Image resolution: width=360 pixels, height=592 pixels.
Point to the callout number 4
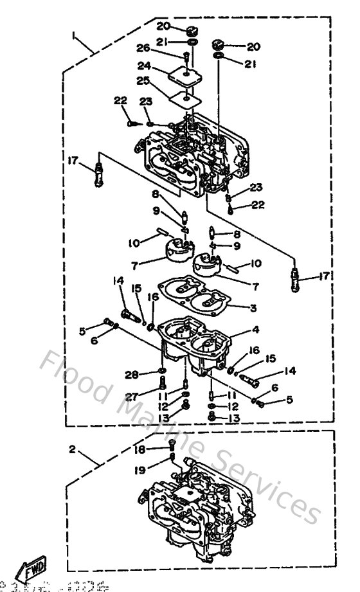[256, 330]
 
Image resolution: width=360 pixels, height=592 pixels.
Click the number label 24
[144, 65]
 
